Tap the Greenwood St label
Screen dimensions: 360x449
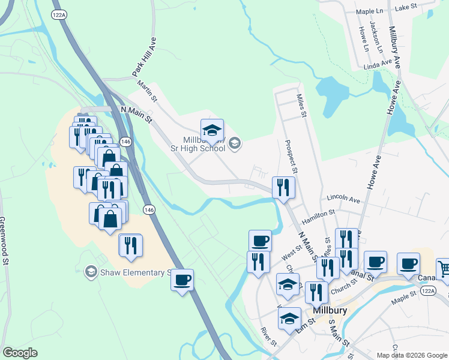5,241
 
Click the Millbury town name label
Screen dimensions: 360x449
330,310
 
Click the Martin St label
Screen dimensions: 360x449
146,91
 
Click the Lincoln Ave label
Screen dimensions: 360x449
343,198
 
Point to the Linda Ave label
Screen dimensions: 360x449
378,62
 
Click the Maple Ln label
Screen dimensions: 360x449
370,11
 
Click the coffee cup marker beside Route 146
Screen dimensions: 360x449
182,279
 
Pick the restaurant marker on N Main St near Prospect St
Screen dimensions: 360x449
283,187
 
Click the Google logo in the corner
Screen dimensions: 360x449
20,353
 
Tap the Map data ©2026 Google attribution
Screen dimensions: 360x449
411,355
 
